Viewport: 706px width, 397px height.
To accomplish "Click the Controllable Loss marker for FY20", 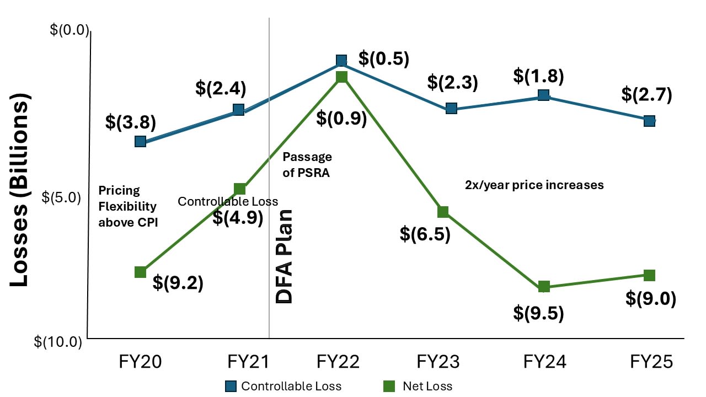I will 140,142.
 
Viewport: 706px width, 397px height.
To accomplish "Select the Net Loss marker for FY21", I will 239,189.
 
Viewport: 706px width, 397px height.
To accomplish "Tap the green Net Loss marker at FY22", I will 341,77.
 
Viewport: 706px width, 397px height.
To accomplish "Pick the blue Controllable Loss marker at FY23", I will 451,108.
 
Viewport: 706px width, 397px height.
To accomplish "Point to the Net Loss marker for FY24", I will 544,286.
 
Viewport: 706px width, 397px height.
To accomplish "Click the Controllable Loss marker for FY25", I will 650,121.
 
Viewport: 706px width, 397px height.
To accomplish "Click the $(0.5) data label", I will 384,58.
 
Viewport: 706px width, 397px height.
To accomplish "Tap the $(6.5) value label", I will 425,234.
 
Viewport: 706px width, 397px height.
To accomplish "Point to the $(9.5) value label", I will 538,313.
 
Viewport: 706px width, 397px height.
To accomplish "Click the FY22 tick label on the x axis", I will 338,362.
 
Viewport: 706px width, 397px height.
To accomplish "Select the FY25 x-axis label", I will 651,362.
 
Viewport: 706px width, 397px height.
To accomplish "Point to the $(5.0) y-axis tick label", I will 61,197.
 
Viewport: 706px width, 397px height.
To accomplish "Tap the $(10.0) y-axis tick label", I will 58,342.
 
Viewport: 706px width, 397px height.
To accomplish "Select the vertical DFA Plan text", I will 284,256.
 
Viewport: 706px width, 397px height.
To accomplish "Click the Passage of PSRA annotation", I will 307,164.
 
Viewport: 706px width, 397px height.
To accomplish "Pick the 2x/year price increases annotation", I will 534,185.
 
